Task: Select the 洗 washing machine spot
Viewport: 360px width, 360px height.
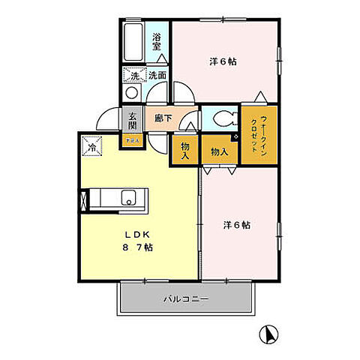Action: point(133,75)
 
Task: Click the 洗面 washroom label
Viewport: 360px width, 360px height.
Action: point(157,75)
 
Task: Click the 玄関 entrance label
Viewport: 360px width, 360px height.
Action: point(133,120)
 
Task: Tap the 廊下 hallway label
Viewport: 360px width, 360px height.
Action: point(163,118)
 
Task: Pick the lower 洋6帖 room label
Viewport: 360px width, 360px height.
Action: point(236,225)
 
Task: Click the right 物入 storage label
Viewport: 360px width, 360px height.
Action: point(219,151)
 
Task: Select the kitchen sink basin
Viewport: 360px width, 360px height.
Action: point(129,199)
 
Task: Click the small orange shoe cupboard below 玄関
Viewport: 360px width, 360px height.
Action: point(132,139)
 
